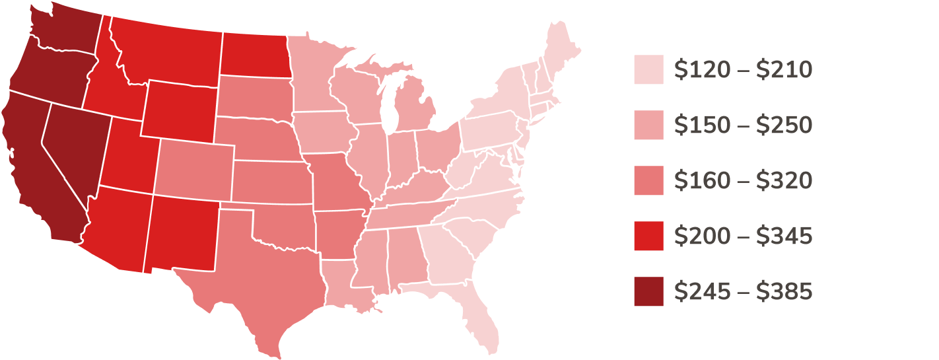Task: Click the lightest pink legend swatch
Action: pos(648,69)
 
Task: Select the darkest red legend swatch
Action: pos(648,291)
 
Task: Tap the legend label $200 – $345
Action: pos(743,236)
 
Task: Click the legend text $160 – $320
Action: pos(743,180)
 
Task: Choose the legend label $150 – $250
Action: pos(743,125)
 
